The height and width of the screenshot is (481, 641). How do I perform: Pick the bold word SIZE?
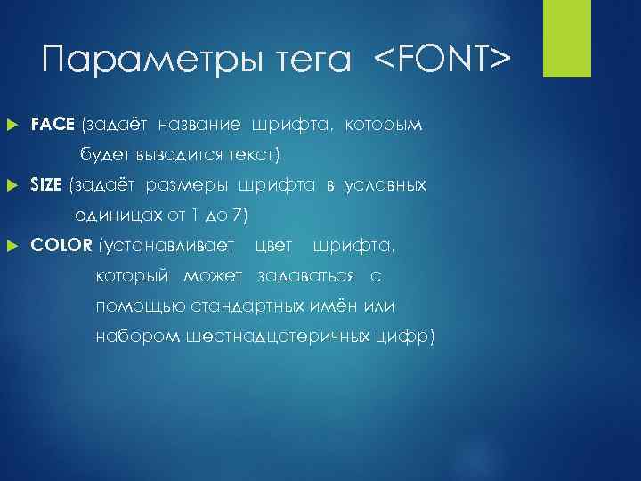pyautogui.click(x=46, y=184)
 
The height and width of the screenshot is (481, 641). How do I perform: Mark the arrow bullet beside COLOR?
pyautogui.click(x=12, y=245)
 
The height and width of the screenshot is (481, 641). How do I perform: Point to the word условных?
pyautogui.click(x=385, y=184)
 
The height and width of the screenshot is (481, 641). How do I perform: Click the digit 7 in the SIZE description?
pyautogui.click(x=233, y=215)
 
